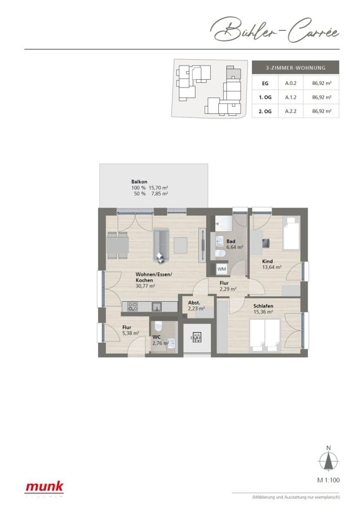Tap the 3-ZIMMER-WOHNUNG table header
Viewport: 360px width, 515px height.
(x=295, y=67)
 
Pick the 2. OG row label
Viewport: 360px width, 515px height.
(x=265, y=111)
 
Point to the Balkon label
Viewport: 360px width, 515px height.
(x=139, y=182)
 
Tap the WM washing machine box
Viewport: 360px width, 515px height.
(x=221, y=269)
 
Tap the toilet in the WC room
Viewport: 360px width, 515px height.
(x=158, y=326)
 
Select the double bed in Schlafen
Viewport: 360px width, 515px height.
(x=265, y=335)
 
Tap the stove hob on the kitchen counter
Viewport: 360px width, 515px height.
(x=132, y=307)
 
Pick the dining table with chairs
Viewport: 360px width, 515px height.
(x=118, y=245)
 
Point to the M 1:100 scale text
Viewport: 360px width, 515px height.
(x=328, y=480)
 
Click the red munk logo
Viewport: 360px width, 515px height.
(x=45, y=486)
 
